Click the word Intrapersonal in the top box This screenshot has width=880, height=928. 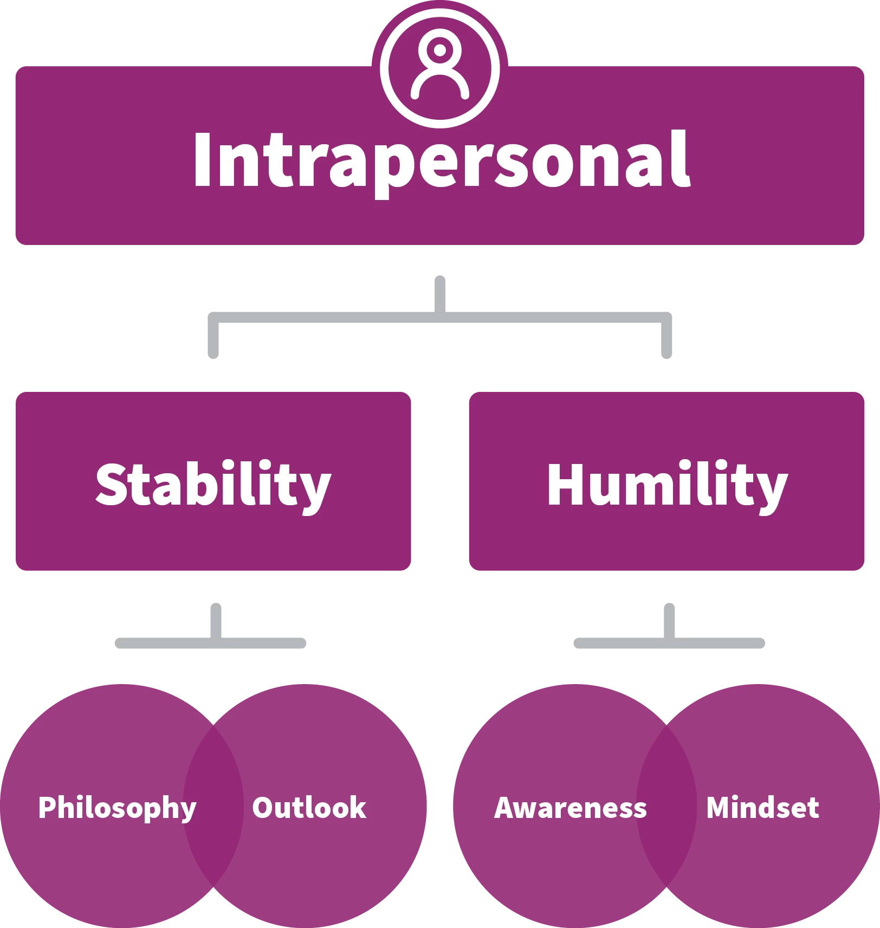[x=441, y=162]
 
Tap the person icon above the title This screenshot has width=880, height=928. [x=439, y=68]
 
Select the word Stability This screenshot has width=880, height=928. [x=213, y=484]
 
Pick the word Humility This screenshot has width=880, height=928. [x=667, y=484]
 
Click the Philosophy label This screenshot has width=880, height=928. [x=117, y=808]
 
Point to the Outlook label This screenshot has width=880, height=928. [x=309, y=808]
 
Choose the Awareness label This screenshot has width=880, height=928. [x=571, y=808]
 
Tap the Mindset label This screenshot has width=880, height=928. [x=762, y=808]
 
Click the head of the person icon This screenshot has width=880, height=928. [x=439, y=50]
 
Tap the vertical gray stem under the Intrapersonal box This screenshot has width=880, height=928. [x=440, y=290]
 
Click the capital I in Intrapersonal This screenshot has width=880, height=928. [x=202, y=160]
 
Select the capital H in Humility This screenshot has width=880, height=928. [x=565, y=484]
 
